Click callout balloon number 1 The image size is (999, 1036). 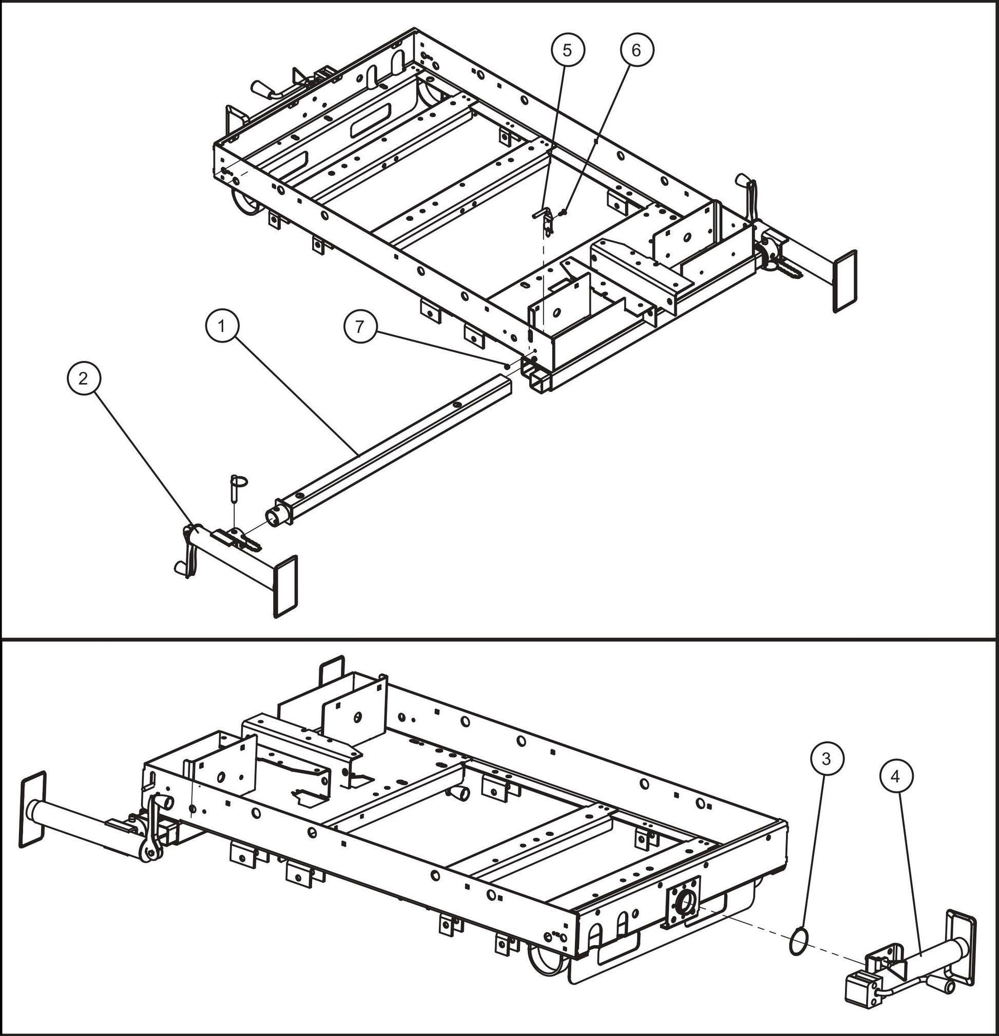(x=222, y=326)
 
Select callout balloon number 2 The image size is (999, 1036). (x=83, y=378)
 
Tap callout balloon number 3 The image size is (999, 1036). (x=827, y=758)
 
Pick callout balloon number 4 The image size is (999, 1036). (x=896, y=776)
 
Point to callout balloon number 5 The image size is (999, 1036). (x=567, y=50)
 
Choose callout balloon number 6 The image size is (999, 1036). (x=637, y=50)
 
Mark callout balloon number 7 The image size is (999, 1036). (x=360, y=327)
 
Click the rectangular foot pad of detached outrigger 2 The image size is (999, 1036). (x=285, y=586)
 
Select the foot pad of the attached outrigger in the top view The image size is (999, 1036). (x=844, y=281)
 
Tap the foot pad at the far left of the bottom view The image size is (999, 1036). (x=32, y=809)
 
